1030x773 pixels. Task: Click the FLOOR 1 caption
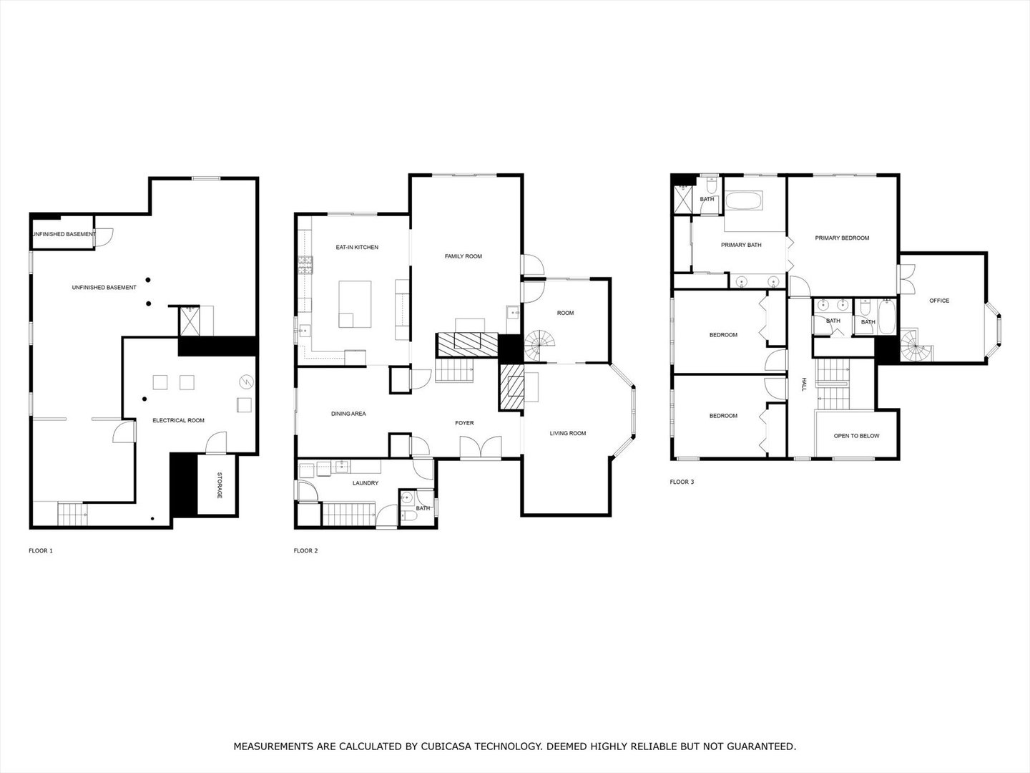point(41,550)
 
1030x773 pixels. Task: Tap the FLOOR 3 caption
point(682,482)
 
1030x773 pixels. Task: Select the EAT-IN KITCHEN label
point(357,248)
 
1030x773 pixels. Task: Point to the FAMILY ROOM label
point(463,256)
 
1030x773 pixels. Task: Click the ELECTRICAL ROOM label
point(179,421)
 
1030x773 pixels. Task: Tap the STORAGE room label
point(219,485)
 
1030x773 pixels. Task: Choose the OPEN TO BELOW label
point(857,436)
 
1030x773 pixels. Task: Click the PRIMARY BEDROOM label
point(843,238)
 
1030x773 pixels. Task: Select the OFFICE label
point(939,301)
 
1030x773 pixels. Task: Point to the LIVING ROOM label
point(568,433)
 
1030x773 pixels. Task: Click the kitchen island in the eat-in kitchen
point(355,304)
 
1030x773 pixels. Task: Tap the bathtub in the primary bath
point(744,200)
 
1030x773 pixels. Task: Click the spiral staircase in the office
point(915,346)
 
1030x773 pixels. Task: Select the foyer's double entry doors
point(481,447)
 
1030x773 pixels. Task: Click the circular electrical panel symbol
point(246,382)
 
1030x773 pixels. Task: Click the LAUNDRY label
point(366,483)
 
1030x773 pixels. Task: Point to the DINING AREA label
point(348,414)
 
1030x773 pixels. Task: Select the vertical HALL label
point(803,384)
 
